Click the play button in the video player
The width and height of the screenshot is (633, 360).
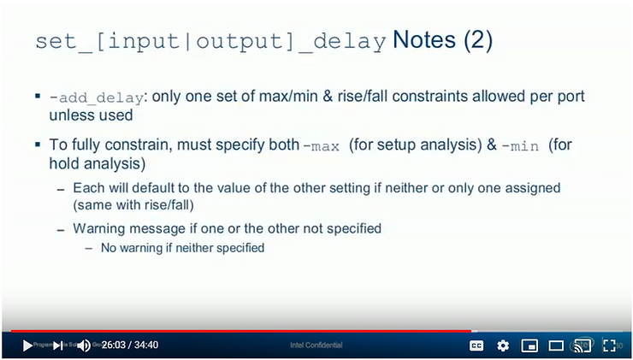(x=27, y=345)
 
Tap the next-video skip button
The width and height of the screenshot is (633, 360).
(x=57, y=345)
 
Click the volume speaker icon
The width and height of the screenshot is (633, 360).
(x=84, y=345)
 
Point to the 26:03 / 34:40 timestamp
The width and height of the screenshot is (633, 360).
(x=130, y=345)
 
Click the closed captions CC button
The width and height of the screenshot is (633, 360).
(x=476, y=345)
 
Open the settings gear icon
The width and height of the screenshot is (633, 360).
(x=503, y=345)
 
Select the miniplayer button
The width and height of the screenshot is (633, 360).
(x=529, y=345)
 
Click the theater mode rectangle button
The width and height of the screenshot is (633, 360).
(x=556, y=345)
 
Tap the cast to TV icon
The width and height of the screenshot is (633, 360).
(x=583, y=345)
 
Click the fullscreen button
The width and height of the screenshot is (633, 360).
(x=609, y=345)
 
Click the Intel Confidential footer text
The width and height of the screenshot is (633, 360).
(x=316, y=345)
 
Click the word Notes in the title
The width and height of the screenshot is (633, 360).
(x=426, y=40)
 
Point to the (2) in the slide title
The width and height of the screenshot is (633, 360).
(x=478, y=40)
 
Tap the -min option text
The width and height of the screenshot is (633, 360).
(x=520, y=145)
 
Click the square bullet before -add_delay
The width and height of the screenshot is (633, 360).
(x=38, y=97)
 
